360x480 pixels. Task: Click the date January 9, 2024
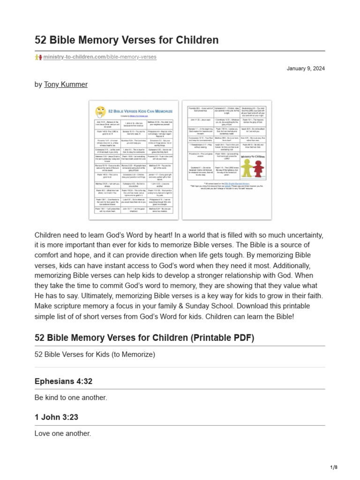pyautogui.click(x=306, y=69)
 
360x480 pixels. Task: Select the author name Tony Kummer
pyautogui.click(x=66, y=84)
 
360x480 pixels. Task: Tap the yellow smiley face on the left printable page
pyautogui.click(x=100, y=112)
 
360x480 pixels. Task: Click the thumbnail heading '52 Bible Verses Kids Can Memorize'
pyautogui.click(x=140, y=112)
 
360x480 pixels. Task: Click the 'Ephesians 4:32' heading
pyautogui.click(x=63, y=382)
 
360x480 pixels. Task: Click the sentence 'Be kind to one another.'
pyautogui.click(x=71, y=397)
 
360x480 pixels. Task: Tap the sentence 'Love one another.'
pyautogui.click(x=63, y=434)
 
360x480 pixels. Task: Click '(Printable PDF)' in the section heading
pyautogui.click(x=222, y=338)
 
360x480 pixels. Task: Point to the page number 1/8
pyautogui.click(x=333, y=467)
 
